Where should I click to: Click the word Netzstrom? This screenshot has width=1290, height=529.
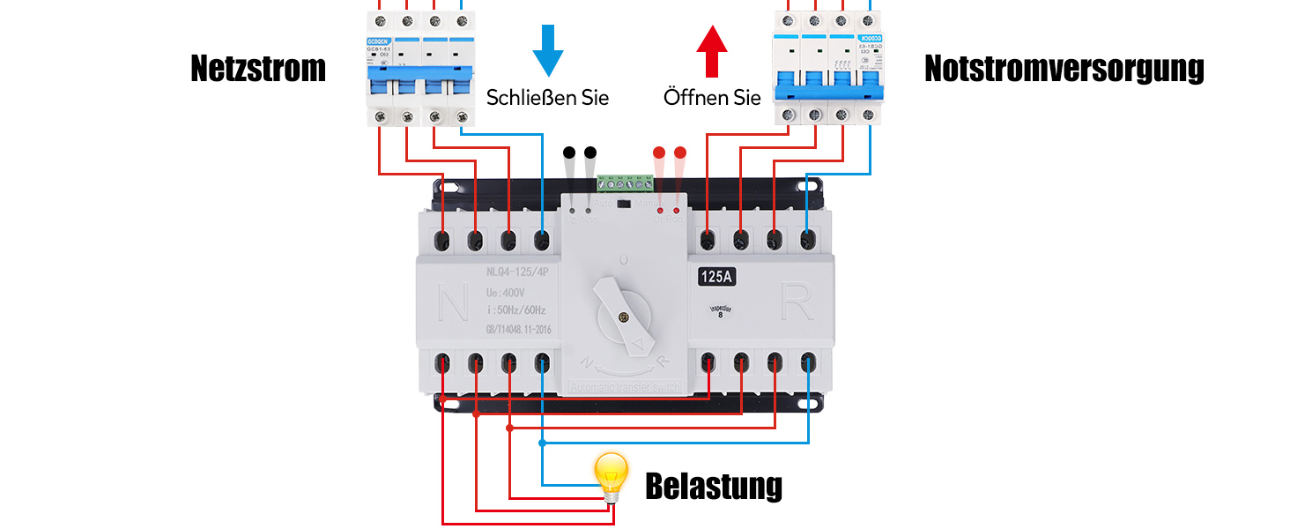coord(258,69)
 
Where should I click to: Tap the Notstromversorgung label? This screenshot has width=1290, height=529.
coord(1064,69)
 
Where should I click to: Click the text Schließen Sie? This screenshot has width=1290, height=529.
coord(547,97)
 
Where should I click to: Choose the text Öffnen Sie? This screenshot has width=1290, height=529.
coord(712,97)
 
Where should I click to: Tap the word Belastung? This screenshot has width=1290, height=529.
coord(714,486)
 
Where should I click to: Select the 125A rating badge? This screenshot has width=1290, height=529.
coord(717,277)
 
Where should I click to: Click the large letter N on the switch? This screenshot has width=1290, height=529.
coord(454,304)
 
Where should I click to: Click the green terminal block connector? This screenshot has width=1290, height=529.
coord(626,184)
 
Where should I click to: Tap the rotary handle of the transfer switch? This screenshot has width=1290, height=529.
coord(622,310)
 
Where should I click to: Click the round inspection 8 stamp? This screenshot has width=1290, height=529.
coord(721,310)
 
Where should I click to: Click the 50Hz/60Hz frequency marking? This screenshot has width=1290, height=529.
coord(516,309)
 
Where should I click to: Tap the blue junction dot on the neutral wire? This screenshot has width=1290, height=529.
coord(542,443)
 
